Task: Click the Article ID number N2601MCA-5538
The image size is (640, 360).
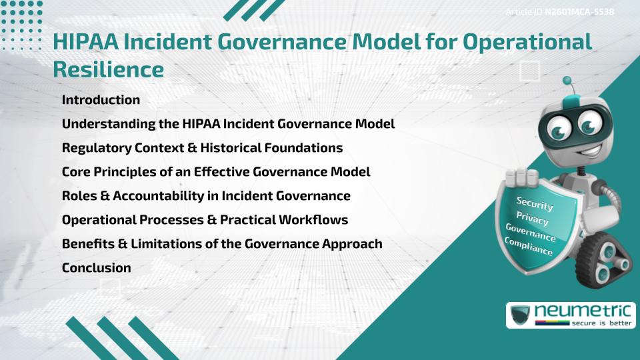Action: coord(579,12)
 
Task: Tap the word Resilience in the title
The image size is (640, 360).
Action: coord(108,69)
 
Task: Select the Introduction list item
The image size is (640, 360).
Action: coord(101,100)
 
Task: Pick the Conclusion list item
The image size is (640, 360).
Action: coord(96,268)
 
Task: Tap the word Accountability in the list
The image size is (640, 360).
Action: coord(153,196)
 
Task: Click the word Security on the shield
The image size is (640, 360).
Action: coord(535,204)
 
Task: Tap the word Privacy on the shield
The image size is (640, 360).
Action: coord(532,219)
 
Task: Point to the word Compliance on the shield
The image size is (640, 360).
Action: coord(529,246)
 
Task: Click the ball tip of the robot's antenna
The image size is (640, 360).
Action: coord(567,81)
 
